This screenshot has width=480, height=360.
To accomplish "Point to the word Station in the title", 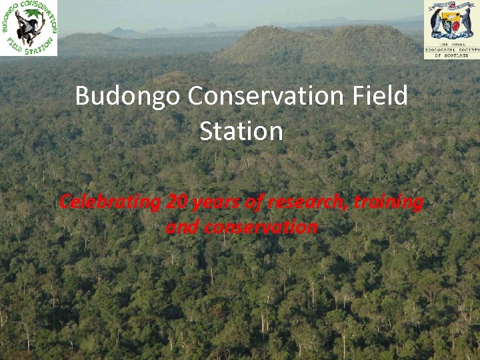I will (241, 131).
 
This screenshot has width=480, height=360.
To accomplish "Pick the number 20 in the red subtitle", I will (179, 201).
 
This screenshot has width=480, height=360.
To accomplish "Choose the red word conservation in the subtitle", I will (261, 227).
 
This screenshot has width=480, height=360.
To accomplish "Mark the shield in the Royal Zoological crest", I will (451, 23).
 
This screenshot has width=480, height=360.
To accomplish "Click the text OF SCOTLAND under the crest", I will (451, 55).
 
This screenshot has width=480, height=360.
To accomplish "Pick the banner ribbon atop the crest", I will (451, 6).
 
